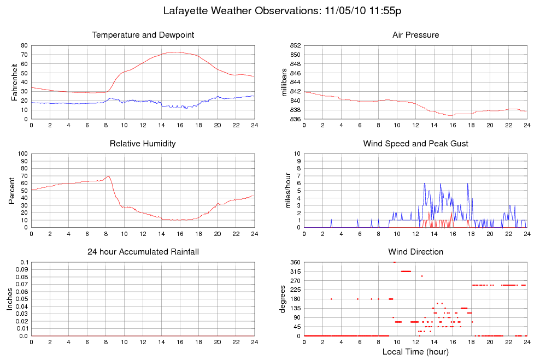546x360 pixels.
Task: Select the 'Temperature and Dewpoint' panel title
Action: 143,35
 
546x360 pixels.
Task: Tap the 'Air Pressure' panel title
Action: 415,35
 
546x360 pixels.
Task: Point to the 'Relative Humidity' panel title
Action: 143,144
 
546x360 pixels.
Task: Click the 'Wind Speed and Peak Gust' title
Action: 415,144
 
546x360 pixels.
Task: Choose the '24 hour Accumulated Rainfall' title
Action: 143,252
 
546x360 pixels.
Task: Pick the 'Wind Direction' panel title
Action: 415,252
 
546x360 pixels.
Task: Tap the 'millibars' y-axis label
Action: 284,82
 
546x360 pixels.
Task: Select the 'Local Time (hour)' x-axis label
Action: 415,352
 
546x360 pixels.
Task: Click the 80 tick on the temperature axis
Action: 25,45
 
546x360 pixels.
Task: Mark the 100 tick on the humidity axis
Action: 23,154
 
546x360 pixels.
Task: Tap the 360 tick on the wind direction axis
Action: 293,262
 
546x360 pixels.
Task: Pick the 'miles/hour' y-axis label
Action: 284,190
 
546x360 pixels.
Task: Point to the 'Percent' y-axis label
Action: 11,190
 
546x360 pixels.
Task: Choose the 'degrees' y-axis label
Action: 283,299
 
